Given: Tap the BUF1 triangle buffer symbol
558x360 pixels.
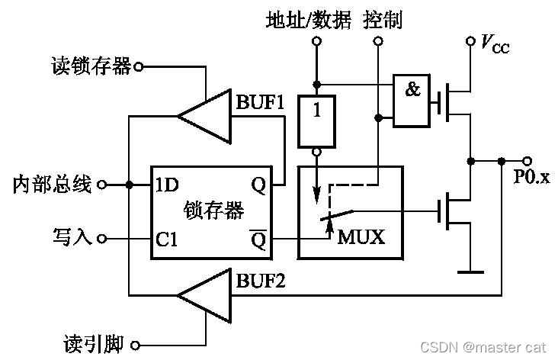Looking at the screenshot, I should point(207,117).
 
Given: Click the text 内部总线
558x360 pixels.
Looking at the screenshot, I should point(53,184).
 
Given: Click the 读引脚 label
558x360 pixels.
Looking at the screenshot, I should point(93,345).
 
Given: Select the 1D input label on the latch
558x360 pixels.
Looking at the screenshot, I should point(166,185).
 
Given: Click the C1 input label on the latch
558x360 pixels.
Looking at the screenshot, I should point(167,239).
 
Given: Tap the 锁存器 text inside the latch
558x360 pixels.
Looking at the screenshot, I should point(214,211).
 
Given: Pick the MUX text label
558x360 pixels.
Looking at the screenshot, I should point(361,236).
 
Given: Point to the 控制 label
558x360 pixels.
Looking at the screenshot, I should point(383,19).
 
